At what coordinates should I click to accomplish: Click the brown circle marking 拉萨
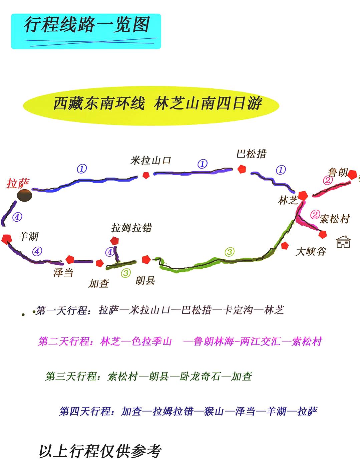25,195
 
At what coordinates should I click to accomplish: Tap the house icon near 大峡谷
343,242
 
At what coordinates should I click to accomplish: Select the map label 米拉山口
151,160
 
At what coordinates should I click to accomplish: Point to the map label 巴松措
252,154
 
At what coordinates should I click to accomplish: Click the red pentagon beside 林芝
303,195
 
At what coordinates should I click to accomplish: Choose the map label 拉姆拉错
132,228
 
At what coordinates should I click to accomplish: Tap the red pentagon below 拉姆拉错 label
114,240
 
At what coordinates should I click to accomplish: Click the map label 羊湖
29,237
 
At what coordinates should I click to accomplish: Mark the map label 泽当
63,273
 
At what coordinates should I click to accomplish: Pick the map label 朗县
145,280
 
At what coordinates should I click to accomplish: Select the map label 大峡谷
310,251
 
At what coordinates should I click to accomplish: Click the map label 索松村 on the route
334,219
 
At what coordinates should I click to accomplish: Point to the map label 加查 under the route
99,283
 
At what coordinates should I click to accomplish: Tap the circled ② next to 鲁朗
328,180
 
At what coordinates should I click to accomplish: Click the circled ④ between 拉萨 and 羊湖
17,217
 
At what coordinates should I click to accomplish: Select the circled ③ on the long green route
229,252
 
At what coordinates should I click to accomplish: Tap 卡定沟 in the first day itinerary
238,310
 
